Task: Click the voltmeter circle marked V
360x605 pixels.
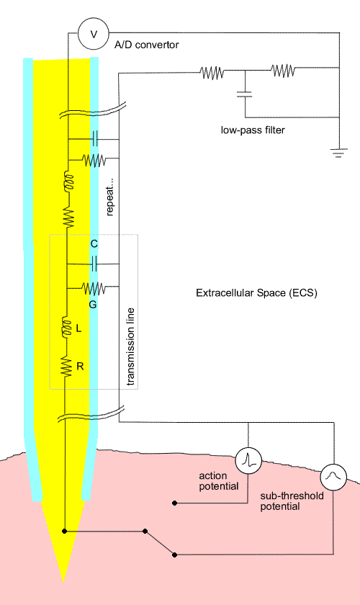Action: (94, 34)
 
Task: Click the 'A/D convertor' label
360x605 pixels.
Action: (147, 45)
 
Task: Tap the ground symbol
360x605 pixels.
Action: (339, 153)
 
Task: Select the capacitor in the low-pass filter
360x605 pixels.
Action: (244, 94)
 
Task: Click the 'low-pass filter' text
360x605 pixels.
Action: (253, 130)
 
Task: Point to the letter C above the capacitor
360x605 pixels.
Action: (94, 244)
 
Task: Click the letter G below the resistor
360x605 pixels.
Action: (93, 305)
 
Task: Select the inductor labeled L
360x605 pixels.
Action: (68, 327)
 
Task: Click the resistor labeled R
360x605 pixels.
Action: (67, 367)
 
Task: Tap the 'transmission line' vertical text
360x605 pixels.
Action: (131, 346)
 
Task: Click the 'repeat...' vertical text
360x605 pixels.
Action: (109, 197)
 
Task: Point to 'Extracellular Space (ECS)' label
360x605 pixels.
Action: (256, 293)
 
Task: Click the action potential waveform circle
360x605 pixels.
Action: (248, 461)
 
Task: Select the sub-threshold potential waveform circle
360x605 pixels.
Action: (333, 478)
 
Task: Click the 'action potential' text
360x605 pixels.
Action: (218, 481)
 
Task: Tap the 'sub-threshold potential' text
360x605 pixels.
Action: (292, 501)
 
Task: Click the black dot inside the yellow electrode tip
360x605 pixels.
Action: (64, 532)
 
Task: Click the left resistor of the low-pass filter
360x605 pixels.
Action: (212, 72)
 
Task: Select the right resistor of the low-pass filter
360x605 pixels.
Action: (283, 71)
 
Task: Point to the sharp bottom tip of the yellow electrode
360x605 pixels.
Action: (63, 582)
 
